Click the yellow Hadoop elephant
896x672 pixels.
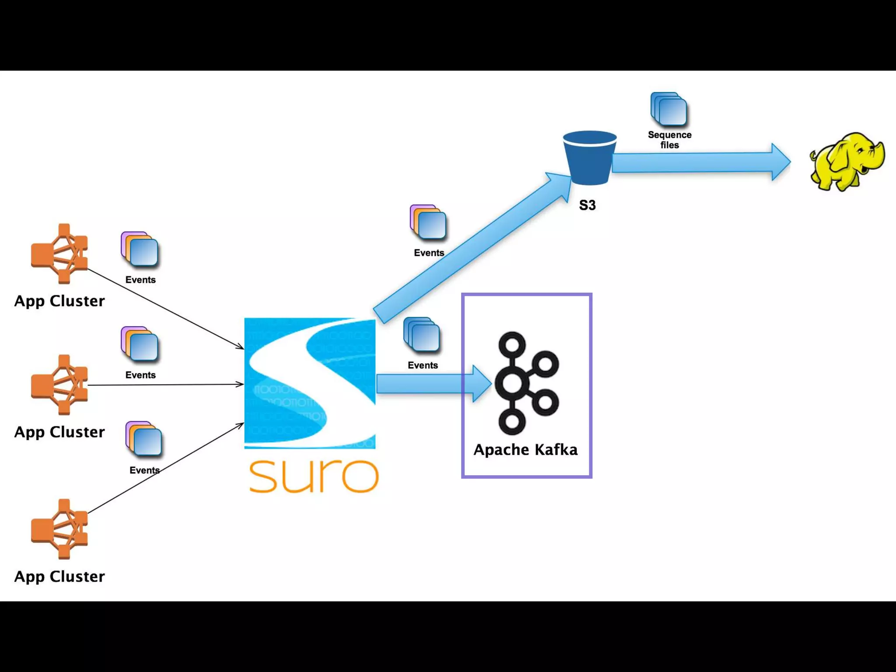847,162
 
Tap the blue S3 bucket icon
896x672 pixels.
589,157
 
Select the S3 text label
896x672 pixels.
587,205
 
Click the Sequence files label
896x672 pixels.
669,140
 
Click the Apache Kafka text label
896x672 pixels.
525,450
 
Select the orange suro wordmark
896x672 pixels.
314,476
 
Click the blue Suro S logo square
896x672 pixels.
310,383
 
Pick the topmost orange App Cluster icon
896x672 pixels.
60,254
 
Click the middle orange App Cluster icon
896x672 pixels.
60,385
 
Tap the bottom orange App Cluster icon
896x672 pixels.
60,529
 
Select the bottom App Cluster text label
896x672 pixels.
59,577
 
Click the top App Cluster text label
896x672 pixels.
59,301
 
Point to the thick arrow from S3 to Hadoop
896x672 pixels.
700,162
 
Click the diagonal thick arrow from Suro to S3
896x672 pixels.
472,247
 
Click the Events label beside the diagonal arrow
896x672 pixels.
429,253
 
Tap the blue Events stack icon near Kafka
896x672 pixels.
422,335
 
